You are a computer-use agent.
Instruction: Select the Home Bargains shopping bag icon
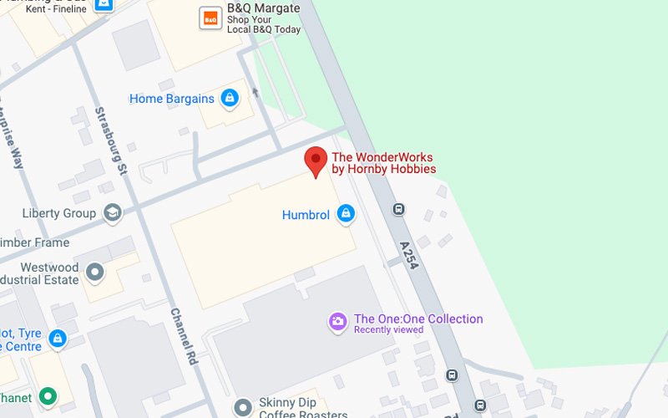pos(230,99)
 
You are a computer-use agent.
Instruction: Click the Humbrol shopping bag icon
pos(346,215)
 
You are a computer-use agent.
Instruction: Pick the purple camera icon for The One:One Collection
pos(337,322)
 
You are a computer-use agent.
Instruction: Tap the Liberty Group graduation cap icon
pos(111,213)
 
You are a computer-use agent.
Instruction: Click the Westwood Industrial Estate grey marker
pos(95,272)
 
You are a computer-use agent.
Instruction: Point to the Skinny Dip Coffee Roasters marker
pos(243,407)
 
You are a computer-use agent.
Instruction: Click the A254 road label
pos(410,254)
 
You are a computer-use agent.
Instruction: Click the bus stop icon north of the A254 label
pos(399,209)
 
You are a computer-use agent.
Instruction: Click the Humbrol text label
pos(306,215)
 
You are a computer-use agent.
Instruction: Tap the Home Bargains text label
pos(172,99)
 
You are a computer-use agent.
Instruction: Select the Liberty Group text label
pos(58,213)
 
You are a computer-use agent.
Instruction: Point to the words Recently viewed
pos(388,330)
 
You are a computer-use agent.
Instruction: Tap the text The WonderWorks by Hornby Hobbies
pos(384,163)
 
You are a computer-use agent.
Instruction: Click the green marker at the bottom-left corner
pos(48,395)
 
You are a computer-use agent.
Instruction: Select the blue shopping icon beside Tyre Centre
pos(57,339)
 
